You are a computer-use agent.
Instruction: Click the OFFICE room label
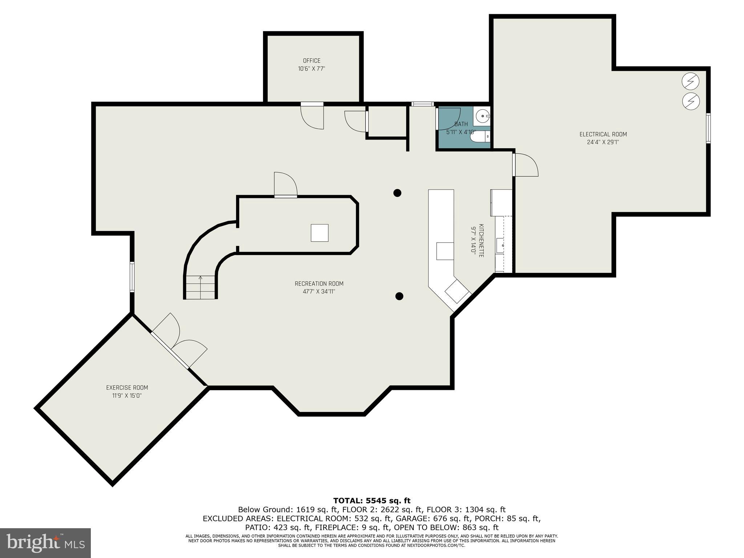[x=312, y=61]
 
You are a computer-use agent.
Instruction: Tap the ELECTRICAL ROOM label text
[x=603, y=134]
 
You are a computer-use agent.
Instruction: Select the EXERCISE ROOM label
[x=127, y=388]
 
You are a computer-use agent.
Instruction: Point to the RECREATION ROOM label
[x=319, y=284]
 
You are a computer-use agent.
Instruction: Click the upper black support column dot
[x=397, y=193]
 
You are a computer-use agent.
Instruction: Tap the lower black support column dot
[x=399, y=296]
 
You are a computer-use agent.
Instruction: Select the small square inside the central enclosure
[x=320, y=233]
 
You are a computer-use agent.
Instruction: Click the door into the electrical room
[x=525, y=165]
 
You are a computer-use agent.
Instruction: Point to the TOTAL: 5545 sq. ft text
[x=372, y=501]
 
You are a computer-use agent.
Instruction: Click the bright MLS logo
[x=45, y=543]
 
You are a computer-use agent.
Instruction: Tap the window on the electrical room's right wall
[x=708, y=128]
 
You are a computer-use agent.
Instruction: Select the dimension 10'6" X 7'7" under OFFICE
[x=312, y=69]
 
